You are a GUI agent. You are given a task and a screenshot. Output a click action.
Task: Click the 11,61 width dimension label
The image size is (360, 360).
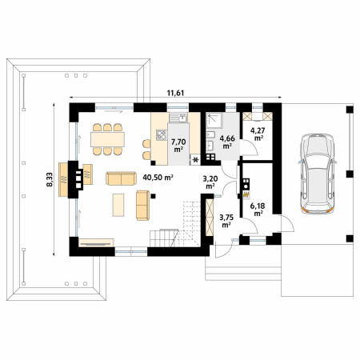point(175,93)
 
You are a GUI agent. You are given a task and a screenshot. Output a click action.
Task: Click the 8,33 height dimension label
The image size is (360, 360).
point(50,179)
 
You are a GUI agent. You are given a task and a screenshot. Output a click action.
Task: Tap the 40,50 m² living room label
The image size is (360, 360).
point(158,178)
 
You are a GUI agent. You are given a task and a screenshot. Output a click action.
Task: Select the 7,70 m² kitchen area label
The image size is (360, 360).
point(178,146)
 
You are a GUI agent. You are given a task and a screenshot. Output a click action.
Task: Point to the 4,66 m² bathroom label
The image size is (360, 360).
point(227,142)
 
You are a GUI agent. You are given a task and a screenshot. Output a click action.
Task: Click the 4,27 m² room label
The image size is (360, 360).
point(257,134)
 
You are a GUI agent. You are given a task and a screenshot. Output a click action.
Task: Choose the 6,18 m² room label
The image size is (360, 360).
point(258,210)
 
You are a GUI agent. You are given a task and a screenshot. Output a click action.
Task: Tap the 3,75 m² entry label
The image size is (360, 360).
point(226,221)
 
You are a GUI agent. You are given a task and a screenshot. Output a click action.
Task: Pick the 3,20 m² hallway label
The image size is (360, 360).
point(210,182)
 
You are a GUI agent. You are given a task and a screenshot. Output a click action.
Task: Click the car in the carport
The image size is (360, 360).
point(317,174)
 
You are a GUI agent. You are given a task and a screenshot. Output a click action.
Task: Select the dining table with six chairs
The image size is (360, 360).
point(107,139)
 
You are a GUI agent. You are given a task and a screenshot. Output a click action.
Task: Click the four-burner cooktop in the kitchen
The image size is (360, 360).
point(162,134)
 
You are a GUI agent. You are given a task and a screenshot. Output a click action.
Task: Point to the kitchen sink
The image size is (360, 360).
point(178,118)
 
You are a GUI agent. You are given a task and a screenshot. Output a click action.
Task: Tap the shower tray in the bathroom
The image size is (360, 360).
point(214,120)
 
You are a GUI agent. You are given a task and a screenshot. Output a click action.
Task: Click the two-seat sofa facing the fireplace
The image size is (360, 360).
point(121,178)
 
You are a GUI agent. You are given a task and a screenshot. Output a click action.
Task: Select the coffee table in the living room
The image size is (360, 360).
point(118,205)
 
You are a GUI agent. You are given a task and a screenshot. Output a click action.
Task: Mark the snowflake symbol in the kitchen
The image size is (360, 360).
point(196,160)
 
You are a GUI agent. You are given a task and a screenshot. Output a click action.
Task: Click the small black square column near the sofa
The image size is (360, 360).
point(153,196)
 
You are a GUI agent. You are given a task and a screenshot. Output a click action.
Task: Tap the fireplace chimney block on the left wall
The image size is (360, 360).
point(75,179)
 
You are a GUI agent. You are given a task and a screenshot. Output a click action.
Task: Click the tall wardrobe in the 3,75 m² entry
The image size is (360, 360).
point(210,217)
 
